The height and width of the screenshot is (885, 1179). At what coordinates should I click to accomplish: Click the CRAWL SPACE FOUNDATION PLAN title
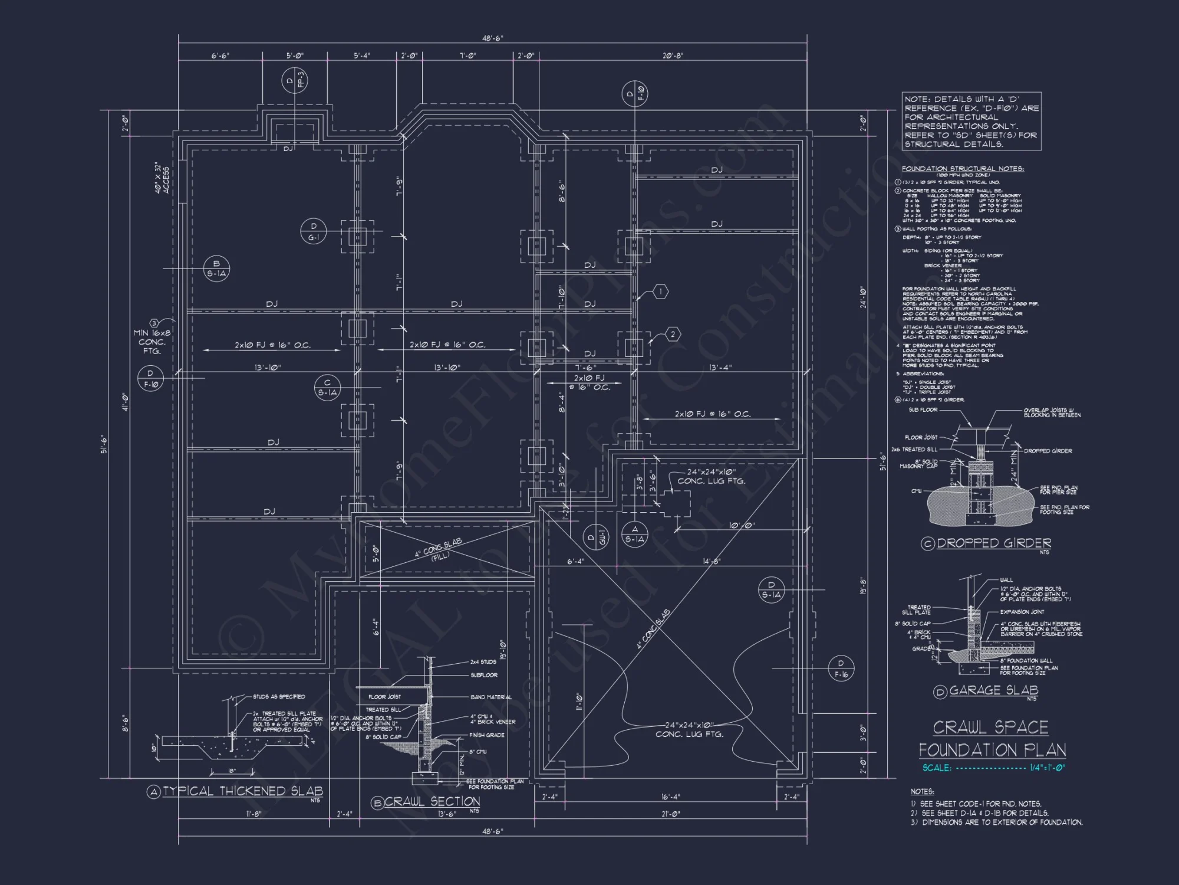tap(992, 738)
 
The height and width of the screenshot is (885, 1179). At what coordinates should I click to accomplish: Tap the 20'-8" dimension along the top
tap(673, 55)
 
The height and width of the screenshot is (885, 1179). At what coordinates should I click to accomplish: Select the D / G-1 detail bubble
tap(314, 232)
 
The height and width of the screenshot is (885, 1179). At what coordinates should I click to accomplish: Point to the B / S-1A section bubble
tap(216, 268)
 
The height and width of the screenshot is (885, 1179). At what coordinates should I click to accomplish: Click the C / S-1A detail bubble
tap(327, 387)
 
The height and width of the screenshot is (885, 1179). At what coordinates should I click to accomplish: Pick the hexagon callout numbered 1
tap(661, 291)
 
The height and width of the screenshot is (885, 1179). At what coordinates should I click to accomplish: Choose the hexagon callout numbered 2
tap(673, 335)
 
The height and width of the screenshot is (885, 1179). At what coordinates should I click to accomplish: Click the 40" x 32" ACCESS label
tap(162, 178)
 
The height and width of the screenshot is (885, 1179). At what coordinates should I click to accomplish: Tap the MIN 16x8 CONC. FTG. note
tap(152, 342)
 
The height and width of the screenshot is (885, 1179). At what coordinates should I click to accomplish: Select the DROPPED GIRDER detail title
tap(993, 543)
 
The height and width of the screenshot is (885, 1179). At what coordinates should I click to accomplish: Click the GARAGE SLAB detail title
tap(993, 690)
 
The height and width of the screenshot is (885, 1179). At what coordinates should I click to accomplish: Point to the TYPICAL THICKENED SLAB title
tap(242, 791)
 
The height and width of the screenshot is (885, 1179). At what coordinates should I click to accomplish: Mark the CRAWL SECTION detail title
tap(432, 801)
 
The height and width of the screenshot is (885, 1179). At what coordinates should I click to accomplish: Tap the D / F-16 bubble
tap(841, 668)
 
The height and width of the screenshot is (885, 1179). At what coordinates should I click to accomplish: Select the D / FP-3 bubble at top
tap(295, 80)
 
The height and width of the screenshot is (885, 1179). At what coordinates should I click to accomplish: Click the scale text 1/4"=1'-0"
tap(1048, 768)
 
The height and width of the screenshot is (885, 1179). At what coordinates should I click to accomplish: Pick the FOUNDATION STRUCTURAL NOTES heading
tap(963, 169)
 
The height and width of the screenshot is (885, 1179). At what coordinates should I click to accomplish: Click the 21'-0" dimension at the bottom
tap(670, 814)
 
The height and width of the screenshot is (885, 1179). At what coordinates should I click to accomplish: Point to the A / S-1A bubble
tap(634, 534)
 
